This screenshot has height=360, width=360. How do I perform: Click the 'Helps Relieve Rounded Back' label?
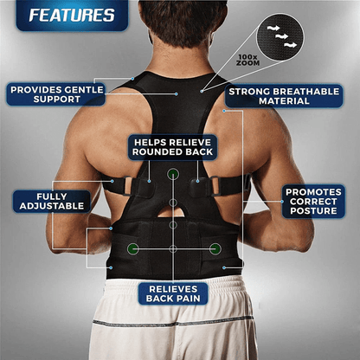172,147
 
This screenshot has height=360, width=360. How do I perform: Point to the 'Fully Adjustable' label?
51,202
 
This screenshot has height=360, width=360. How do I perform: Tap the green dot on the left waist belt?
132,248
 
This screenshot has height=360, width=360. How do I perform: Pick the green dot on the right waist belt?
213,248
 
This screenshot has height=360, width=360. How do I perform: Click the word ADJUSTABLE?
51,208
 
